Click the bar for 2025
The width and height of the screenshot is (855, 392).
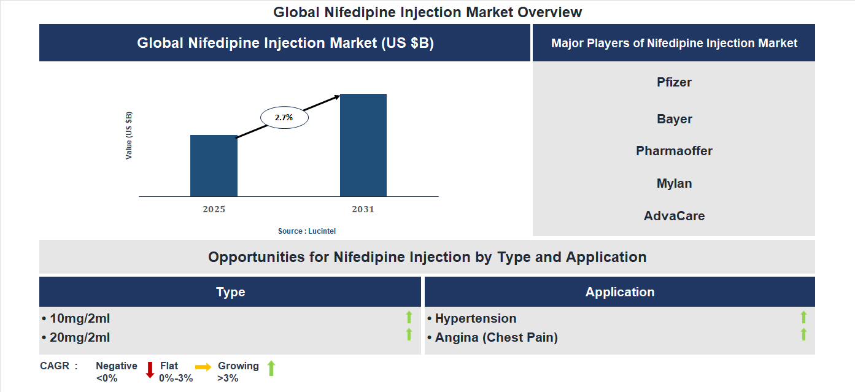point(214,166)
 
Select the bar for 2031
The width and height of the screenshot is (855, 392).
point(363,145)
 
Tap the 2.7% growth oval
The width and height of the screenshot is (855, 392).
point(284,117)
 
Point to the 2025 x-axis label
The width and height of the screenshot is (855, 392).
point(214,209)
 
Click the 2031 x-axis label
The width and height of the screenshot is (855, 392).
point(363,209)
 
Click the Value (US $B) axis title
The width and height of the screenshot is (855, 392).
point(129,136)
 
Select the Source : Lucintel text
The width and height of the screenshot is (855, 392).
point(307,231)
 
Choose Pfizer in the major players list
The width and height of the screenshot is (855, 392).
point(674,82)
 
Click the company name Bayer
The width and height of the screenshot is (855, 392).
point(674,119)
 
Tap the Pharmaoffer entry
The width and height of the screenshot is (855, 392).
point(674,151)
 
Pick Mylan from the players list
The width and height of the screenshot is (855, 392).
point(674,183)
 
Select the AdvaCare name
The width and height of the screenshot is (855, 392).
point(674,216)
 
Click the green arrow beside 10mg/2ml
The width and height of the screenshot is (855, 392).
point(409,317)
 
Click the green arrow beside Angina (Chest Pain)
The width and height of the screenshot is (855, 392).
point(803,335)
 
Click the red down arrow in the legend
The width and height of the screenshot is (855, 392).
point(150,370)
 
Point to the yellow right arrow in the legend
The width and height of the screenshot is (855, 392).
point(203,367)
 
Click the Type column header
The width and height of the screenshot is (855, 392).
point(230,292)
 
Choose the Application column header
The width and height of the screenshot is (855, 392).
point(619,292)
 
